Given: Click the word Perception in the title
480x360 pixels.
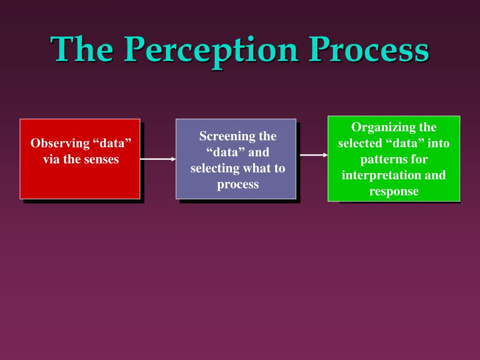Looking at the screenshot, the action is pyautogui.click(x=211, y=51).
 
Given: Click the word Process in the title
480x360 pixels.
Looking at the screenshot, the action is pyautogui.click(x=369, y=49).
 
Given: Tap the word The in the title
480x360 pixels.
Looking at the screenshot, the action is pyautogui.click(x=82, y=48).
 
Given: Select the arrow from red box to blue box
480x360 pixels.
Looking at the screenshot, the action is pyautogui.click(x=158, y=159).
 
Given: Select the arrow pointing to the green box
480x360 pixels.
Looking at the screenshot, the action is pyautogui.click(x=314, y=155).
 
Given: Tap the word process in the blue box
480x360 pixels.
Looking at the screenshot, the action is pyautogui.click(x=238, y=185).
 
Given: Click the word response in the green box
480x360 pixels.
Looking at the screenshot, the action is pyautogui.click(x=394, y=192).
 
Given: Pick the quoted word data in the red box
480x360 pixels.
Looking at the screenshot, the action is pyautogui.click(x=112, y=143).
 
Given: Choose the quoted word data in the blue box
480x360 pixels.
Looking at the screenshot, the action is pyautogui.click(x=225, y=152).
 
